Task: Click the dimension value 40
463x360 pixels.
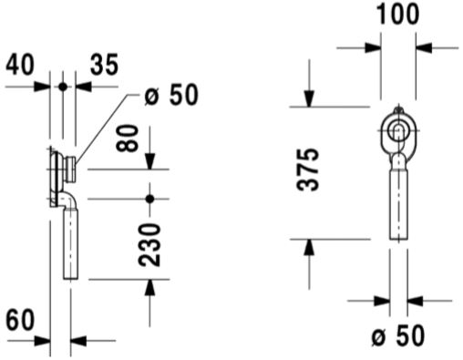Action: click(x=20, y=65)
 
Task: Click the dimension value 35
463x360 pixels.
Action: click(x=104, y=65)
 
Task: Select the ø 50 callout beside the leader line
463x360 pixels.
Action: click(x=171, y=95)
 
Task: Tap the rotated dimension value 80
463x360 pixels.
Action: click(x=128, y=138)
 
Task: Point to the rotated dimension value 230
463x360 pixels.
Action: click(x=149, y=245)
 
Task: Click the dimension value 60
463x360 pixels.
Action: click(x=20, y=320)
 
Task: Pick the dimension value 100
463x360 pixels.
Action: click(x=397, y=14)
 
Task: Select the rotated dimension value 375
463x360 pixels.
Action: click(x=308, y=170)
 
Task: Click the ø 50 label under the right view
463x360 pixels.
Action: click(x=397, y=335)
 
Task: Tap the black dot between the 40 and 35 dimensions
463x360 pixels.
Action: click(x=63, y=87)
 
